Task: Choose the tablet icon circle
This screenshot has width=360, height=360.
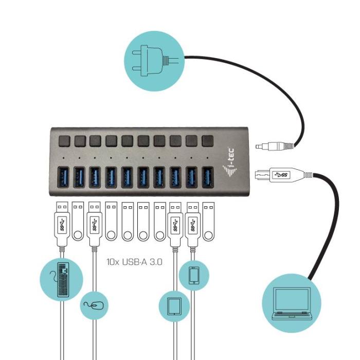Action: [x=174, y=307]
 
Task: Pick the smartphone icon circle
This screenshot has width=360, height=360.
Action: [x=194, y=275]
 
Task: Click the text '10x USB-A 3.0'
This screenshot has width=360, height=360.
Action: [x=134, y=261]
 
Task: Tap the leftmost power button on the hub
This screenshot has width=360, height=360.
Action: [x=64, y=140]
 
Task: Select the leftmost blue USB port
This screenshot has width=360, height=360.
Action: [x=63, y=177]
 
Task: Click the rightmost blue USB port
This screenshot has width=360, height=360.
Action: [x=208, y=177]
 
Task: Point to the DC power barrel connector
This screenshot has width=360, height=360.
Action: [x=273, y=145]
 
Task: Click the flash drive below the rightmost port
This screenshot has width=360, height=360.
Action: [x=208, y=221]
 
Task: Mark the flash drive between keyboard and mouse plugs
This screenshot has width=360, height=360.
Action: [x=78, y=221]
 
